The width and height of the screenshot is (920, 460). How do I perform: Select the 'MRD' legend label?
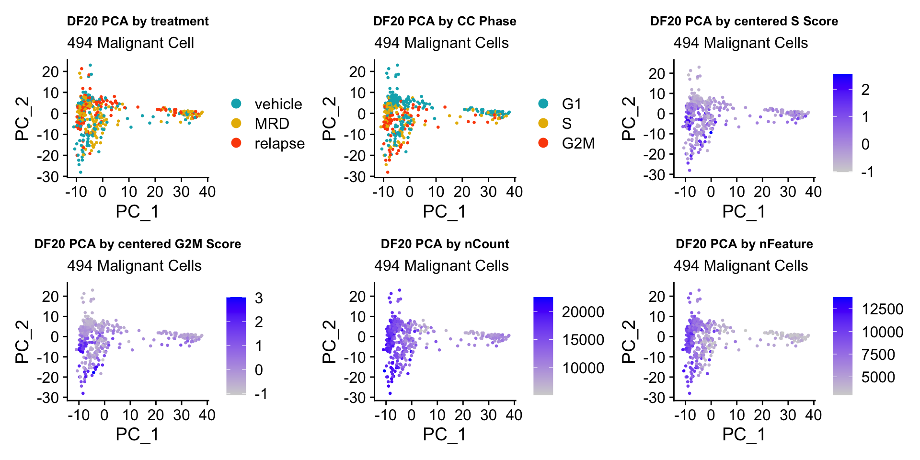coord(272,124)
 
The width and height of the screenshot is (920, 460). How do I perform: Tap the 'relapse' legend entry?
coord(279,143)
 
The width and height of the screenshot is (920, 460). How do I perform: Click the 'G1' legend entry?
coord(571,104)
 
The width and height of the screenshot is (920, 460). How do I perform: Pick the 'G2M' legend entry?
coord(578,143)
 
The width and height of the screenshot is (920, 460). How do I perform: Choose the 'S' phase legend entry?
coord(567,124)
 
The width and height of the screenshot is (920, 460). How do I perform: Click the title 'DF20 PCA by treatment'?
coord(138,22)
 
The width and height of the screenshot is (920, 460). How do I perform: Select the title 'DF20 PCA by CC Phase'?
coord(445,22)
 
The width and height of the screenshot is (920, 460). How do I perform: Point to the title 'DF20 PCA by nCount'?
coord(445,244)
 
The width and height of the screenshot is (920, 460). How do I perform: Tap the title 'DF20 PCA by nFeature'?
coord(744,244)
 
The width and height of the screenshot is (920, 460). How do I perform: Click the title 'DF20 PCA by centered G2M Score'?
coord(138,244)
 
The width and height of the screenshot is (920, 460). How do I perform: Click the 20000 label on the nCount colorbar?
coord(583,312)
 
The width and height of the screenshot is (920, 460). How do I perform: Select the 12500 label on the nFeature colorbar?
coord(883,309)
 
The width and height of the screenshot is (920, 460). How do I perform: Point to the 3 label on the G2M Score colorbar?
coord(259,299)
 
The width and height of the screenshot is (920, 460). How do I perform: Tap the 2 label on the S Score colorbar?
coord(865,90)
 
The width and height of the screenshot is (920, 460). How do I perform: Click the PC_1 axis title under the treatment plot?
coord(137,211)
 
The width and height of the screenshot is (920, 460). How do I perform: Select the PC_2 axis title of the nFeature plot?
coord(628,342)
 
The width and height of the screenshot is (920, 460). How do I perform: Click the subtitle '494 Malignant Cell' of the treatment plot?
coord(130,43)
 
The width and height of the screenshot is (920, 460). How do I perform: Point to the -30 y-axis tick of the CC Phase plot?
coord(355,177)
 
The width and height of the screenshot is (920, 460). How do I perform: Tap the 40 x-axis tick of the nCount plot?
coord(514,415)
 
